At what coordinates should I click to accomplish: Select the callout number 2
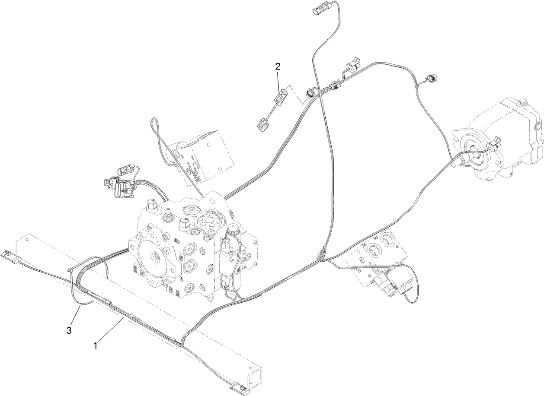278,67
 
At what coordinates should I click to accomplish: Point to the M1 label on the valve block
376,237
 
